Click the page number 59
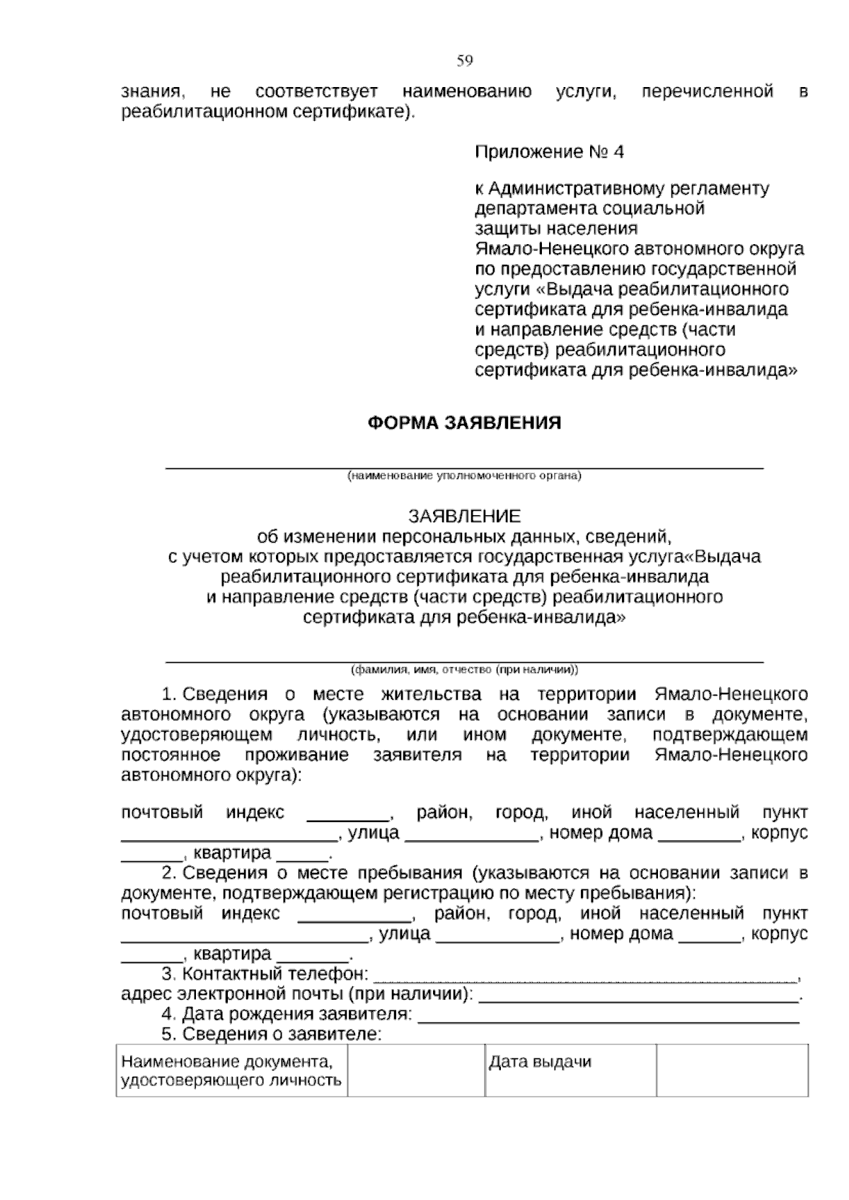(x=464, y=61)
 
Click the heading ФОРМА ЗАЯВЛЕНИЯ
(x=464, y=423)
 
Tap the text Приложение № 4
(x=549, y=152)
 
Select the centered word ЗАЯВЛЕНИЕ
(x=464, y=516)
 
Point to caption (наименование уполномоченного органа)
(x=464, y=475)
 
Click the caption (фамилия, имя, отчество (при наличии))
(x=464, y=669)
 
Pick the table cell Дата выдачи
(x=540, y=1062)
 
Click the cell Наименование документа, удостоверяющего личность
(x=231, y=1071)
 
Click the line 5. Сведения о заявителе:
(x=271, y=1034)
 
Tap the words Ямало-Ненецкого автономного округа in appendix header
(x=639, y=249)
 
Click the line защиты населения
(x=555, y=229)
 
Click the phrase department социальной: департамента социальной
(x=589, y=209)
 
